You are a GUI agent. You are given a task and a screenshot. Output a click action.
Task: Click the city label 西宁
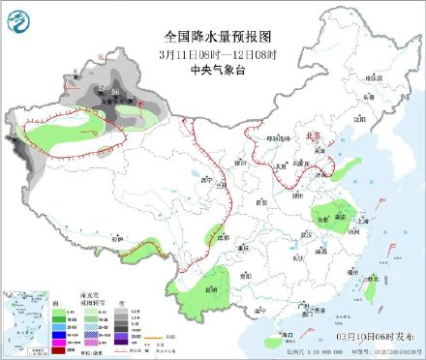click(204, 180)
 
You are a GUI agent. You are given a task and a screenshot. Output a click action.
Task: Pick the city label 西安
click(259, 201)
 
